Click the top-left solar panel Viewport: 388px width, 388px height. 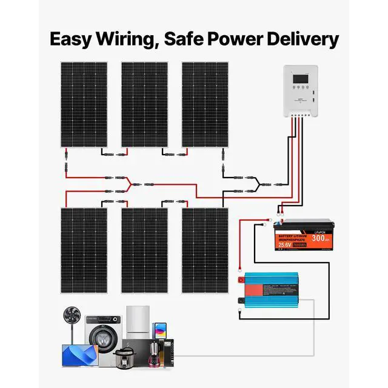(x=83, y=104)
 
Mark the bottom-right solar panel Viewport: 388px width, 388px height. (x=205, y=250)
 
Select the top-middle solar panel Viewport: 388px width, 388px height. (x=144, y=104)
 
